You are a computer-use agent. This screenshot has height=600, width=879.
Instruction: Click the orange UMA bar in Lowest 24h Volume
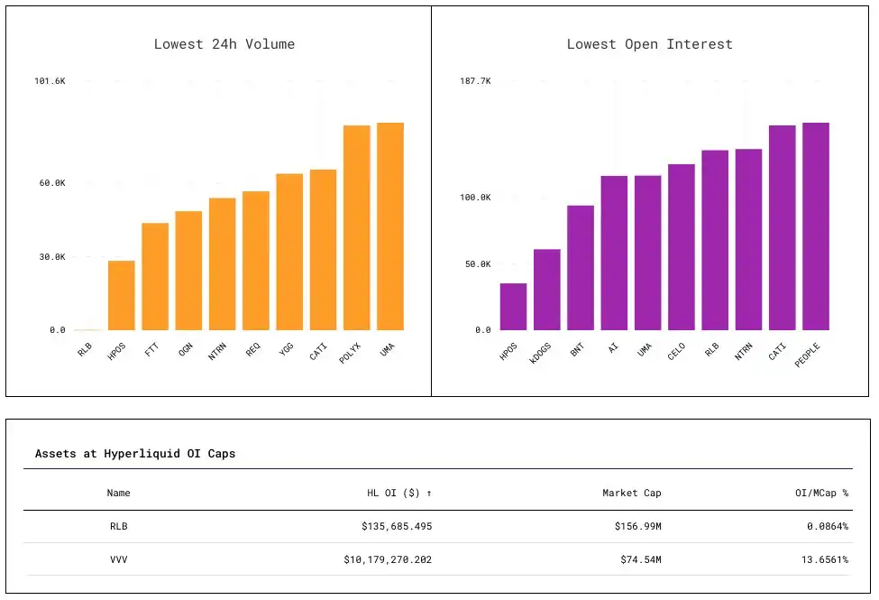point(390,226)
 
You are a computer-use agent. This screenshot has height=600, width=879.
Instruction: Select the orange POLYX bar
point(357,227)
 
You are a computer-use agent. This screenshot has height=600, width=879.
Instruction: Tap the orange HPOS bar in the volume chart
point(122,295)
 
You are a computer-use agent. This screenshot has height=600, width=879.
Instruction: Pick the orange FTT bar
point(155,276)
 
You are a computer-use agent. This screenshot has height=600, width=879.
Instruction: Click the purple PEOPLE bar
point(816,226)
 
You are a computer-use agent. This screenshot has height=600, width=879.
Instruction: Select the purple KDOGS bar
point(547,290)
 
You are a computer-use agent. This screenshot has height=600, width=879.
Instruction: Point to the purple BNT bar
point(581,268)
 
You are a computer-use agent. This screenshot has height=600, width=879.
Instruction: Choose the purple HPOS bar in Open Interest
point(514,307)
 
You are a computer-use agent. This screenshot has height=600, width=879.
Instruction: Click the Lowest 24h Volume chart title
point(224,44)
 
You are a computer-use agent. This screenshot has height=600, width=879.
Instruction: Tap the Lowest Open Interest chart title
point(649,44)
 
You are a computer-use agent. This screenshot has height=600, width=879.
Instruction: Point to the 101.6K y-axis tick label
point(50,81)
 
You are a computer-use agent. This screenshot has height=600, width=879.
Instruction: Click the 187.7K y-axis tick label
point(475,81)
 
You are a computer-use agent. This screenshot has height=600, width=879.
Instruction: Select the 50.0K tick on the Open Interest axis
point(477,264)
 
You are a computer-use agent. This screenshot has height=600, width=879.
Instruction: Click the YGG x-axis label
point(287,348)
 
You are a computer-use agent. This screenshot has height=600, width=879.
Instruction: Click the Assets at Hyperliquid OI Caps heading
point(135,454)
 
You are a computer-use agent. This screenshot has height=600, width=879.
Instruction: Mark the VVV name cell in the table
point(118,559)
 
